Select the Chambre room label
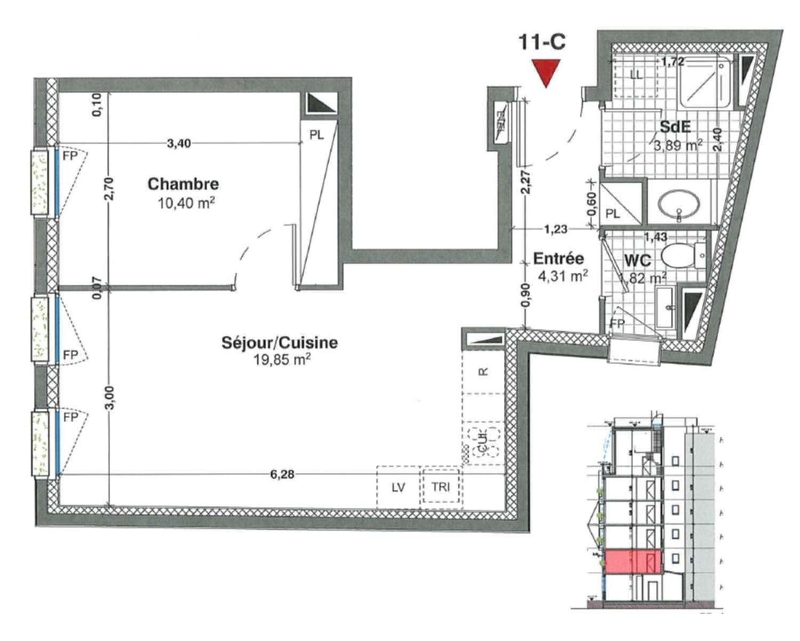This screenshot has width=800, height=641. [183, 184]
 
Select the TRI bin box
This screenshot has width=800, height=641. [441, 487]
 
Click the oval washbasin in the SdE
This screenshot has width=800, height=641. [678, 204]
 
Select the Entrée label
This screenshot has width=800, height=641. [558, 259]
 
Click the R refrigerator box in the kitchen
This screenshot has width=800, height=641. [483, 372]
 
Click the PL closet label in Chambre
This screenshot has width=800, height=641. [317, 135]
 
